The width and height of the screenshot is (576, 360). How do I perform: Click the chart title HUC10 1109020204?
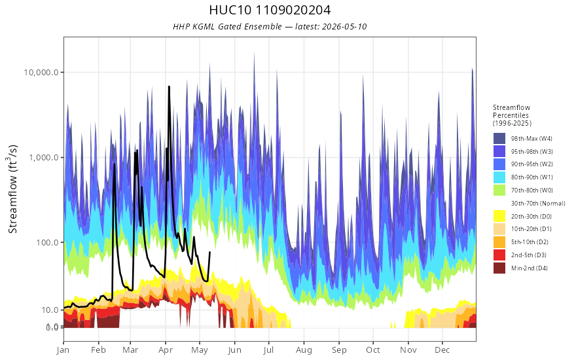click(x=270, y=10)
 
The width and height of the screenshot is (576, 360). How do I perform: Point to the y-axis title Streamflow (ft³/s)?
click(x=13, y=189)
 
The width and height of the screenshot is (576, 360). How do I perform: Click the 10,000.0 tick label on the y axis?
click(x=41, y=73)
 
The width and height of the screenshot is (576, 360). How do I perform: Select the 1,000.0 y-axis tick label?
click(x=44, y=158)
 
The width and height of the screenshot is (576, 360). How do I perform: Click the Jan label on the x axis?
click(x=63, y=350)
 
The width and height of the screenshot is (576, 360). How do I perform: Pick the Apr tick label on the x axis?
click(x=166, y=350)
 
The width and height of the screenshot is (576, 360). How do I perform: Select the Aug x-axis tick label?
click(x=304, y=350)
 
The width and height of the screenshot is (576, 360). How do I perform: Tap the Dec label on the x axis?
click(x=442, y=350)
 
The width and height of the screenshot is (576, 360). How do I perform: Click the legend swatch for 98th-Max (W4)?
click(x=499, y=139)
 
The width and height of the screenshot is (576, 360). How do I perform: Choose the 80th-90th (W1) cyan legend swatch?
click(x=499, y=177)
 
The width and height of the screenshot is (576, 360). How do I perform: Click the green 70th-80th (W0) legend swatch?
click(x=499, y=190)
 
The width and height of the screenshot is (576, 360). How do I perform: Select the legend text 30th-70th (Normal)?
click(x=538, y=203)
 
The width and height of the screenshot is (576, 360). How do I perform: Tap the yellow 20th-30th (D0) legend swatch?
click(x=499, y=216)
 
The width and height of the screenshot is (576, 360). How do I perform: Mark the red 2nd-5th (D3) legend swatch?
click(x=499, y=255)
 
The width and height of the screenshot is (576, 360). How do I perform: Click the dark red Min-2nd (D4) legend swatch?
click(x=499, y=268)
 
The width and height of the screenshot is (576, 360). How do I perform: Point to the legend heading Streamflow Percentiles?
click(x=512, y=111)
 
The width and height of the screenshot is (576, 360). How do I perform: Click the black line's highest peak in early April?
click(x=169, y=86)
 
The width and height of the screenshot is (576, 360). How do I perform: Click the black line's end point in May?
click(x=209, y=252)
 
